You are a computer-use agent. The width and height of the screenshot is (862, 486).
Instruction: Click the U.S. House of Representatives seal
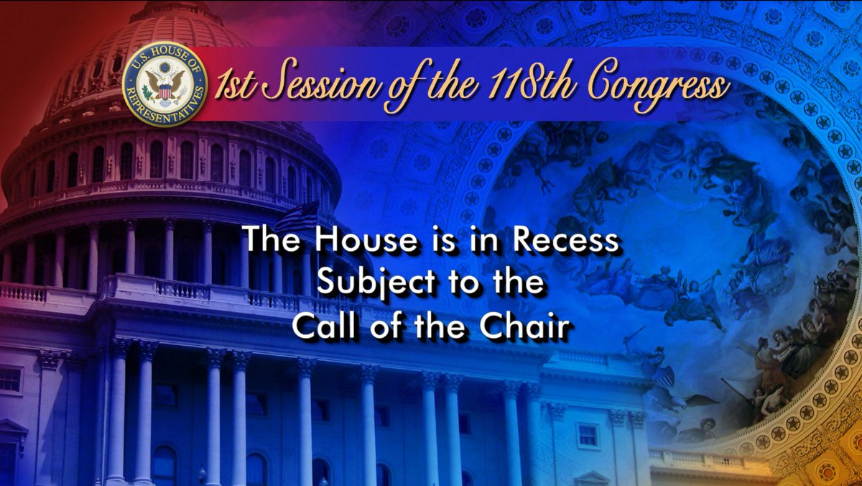pos(164,84)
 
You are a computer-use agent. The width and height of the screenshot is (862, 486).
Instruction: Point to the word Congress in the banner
pos(659,86)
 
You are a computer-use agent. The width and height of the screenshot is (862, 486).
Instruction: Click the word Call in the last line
pos(323,326)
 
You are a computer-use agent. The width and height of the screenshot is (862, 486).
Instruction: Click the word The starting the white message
pos(271,239)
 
